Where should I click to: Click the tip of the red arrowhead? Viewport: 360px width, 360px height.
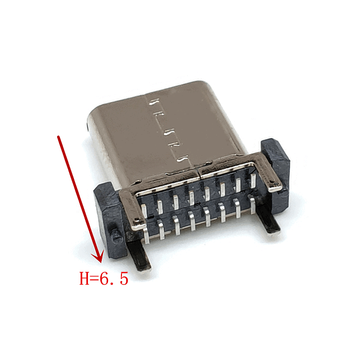101,262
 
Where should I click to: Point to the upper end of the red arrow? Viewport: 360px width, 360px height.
58,136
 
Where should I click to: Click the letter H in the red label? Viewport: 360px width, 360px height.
84,278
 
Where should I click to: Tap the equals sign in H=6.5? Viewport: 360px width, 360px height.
94,279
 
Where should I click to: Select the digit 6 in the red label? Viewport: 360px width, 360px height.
104,278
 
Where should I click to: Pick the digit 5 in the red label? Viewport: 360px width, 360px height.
124,279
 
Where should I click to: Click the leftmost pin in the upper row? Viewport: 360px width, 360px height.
144,211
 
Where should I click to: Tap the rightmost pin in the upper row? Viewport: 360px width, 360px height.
253,181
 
